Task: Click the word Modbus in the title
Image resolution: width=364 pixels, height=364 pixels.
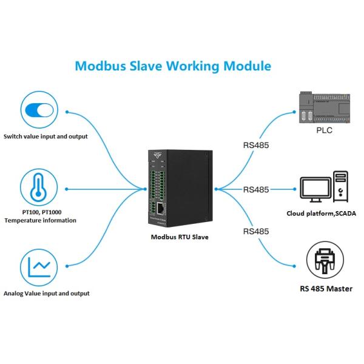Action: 98,66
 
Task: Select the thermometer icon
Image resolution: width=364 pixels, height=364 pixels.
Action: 38,187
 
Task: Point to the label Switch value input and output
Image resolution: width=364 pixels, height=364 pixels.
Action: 45,136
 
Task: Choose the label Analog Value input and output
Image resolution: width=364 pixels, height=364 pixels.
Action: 47,293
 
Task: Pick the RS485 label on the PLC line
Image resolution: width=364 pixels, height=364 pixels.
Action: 255,146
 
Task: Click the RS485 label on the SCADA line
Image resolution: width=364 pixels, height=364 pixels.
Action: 255,189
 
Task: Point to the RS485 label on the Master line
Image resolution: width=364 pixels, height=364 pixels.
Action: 255,232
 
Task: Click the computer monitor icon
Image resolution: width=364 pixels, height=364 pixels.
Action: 316,189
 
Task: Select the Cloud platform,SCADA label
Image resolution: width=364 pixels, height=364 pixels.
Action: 322,214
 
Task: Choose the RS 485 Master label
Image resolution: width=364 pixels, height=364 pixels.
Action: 326,289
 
